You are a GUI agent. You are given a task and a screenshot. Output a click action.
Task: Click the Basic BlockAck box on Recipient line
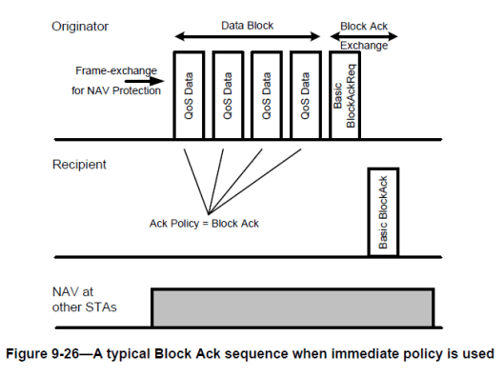(x=382, y=212)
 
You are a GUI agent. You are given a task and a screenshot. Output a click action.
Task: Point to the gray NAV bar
(x=292, y=307)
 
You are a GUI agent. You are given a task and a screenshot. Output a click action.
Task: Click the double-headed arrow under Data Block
(x=247, y=36)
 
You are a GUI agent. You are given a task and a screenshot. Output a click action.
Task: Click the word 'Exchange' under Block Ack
(x=363, y=45)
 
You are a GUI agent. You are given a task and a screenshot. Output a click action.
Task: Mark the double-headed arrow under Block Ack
(x=363, y=36)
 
